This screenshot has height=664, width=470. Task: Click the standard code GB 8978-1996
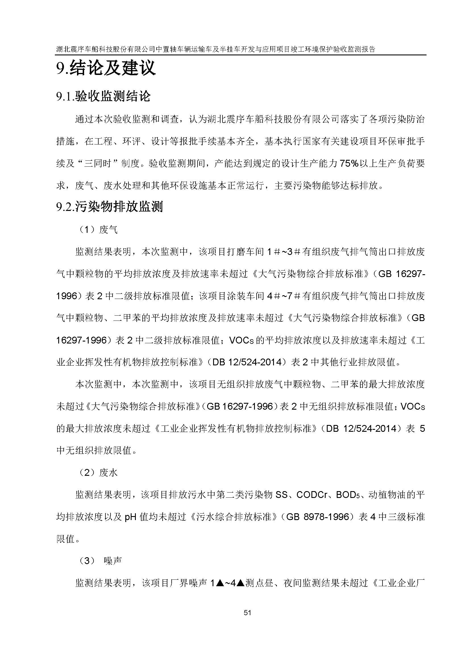pyautogui.click(x=317, y=517)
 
